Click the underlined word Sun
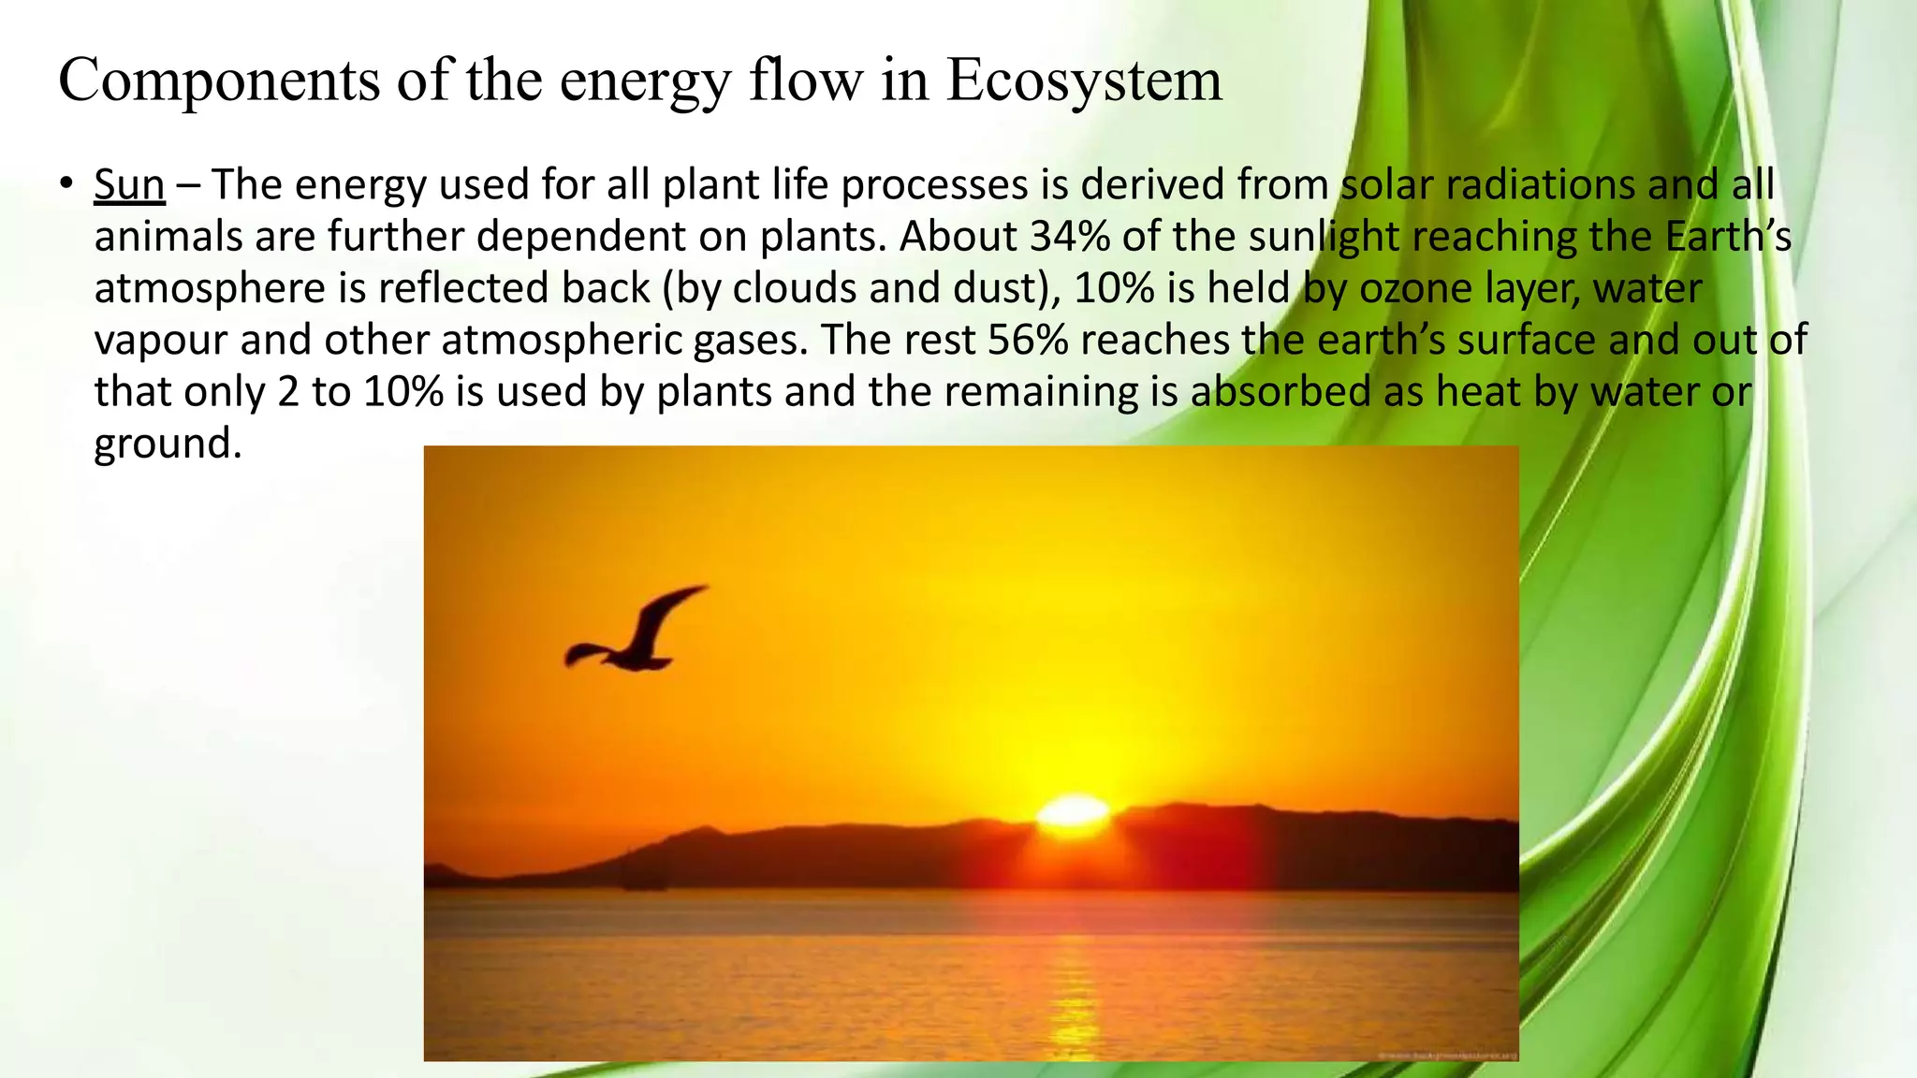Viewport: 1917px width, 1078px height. click(x=129, y=185)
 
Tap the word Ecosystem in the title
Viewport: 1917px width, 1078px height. click(x=1083, y=80)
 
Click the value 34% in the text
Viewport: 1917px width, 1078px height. click(x=1070, y=237)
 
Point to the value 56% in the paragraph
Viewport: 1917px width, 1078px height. click(x=1028, y=340)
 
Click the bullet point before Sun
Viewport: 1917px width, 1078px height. click(x=65, y=183)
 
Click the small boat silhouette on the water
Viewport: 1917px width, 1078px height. click(x=645, y=880)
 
